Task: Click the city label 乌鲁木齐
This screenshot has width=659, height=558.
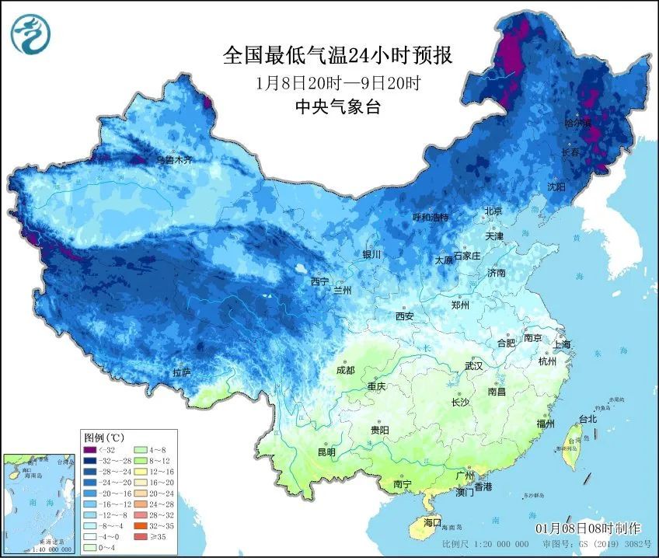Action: click(x=173, y=159)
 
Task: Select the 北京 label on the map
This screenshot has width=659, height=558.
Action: click(x=493, y=211)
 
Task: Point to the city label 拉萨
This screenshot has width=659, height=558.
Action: click(x=182, y=373)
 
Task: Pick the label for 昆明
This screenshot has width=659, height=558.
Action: click(x=326, y=452)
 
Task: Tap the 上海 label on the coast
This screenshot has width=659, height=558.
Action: click(x=562, y=344)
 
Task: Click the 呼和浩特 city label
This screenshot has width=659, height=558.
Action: click(x=431, y=217)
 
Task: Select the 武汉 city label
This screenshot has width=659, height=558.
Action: click(x=473, y=365)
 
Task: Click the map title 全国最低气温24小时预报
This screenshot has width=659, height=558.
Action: click(x=337, y=55)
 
